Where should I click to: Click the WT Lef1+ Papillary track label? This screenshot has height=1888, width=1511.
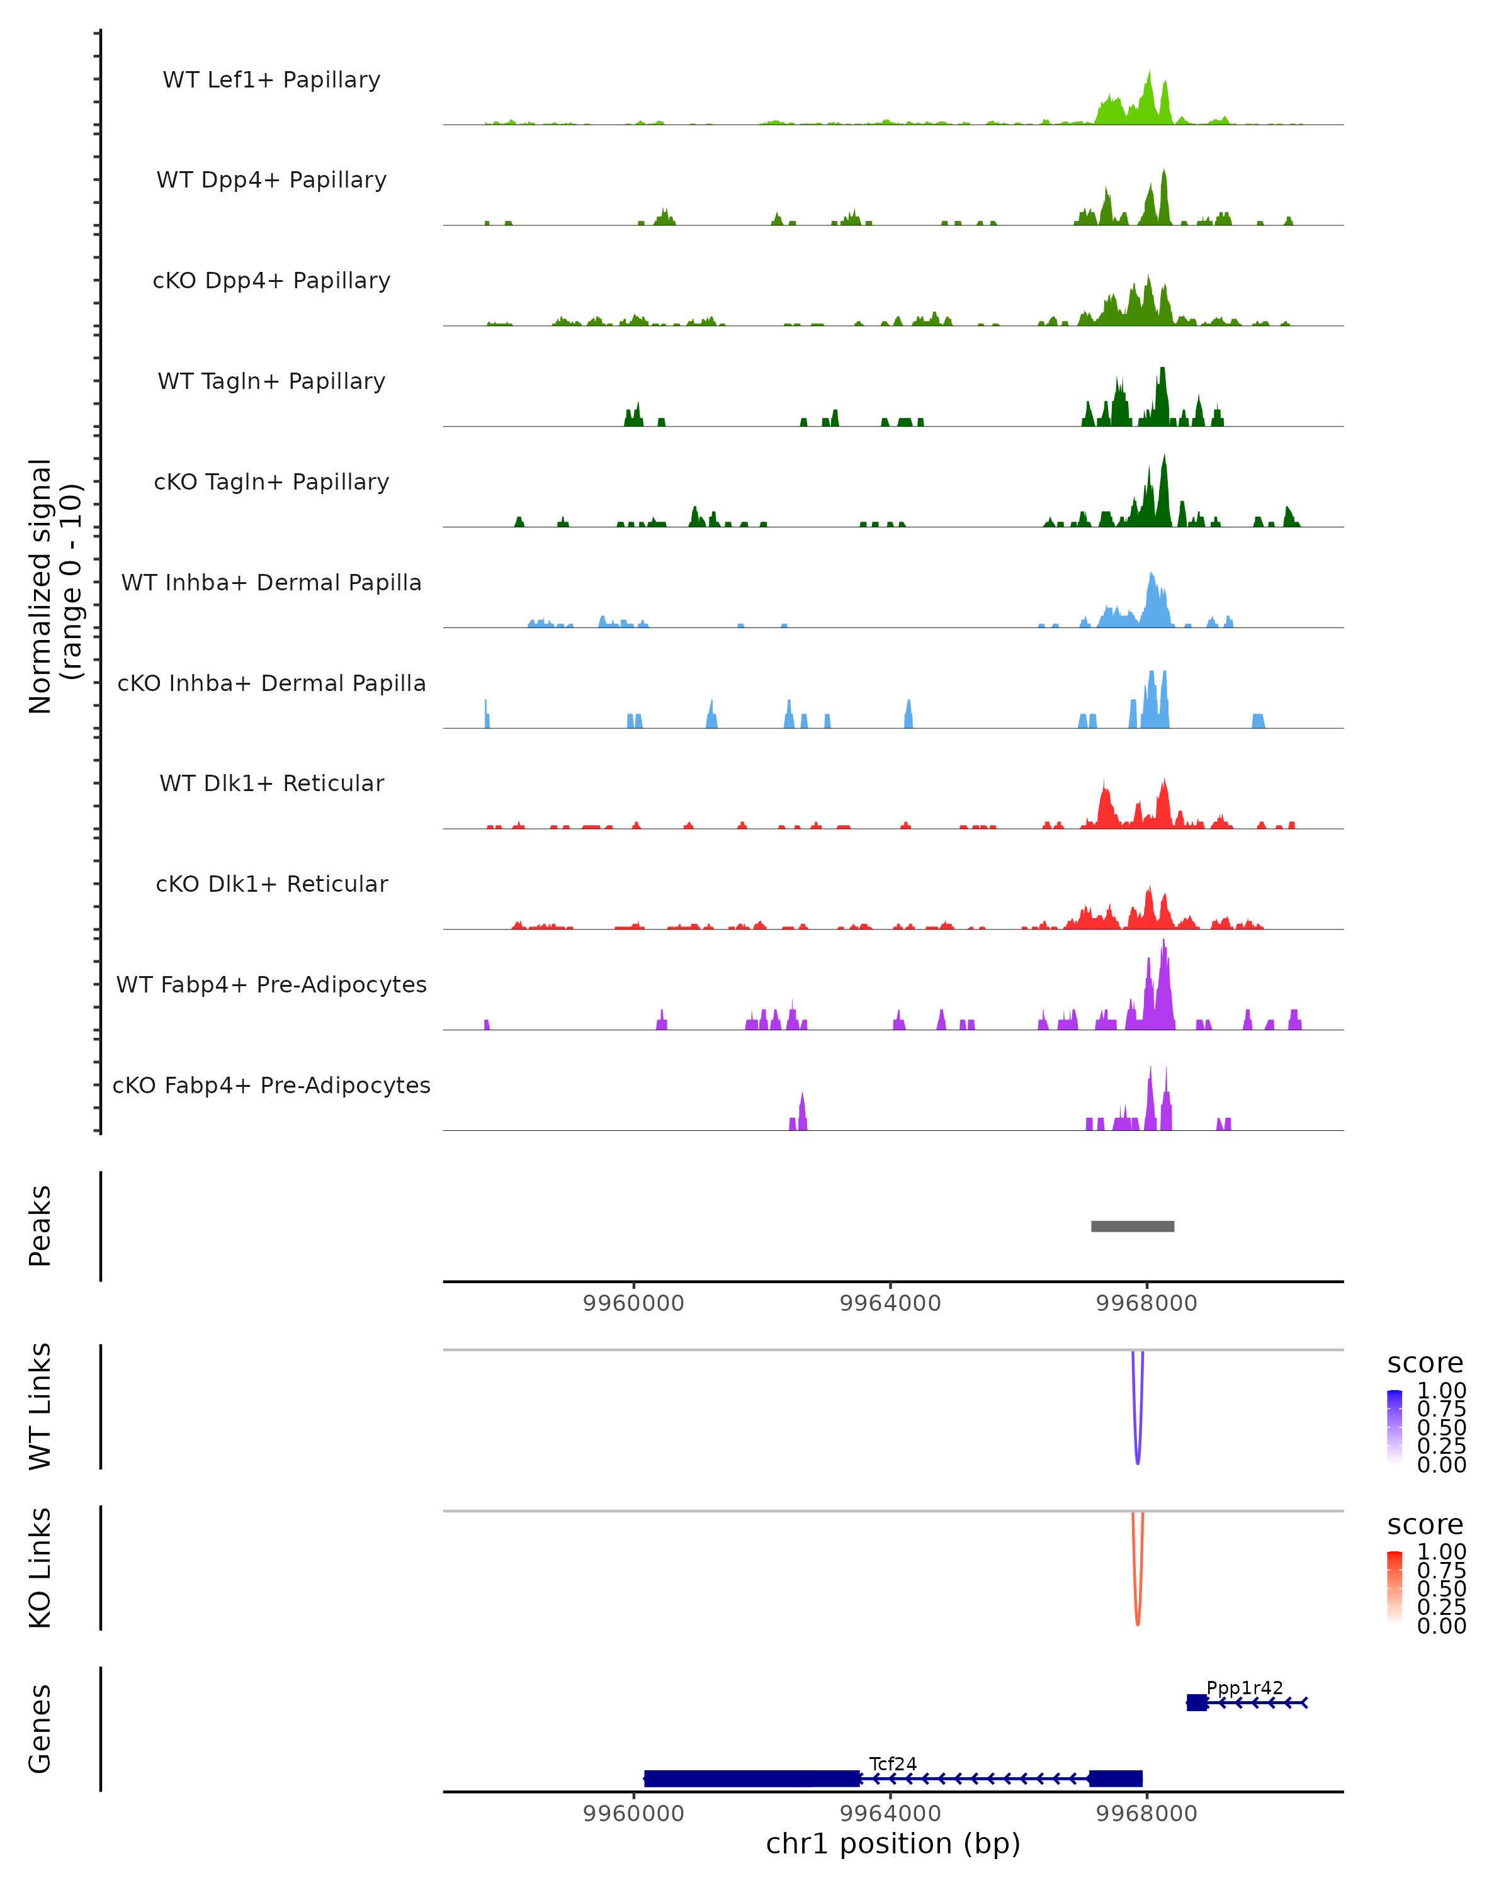pyautogui.click(x=271, y=80)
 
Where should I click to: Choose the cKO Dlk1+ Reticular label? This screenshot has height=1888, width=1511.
pyautogui.click(x=271, y=884)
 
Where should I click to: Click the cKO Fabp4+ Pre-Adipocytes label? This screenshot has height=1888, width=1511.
pyautogui.click(x=271, y=1085)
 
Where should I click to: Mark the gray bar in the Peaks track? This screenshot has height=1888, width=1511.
pyautogui.click(x=1132, y=1226)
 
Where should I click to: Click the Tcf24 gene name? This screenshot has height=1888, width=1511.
pyautogui.click(x=893, y=1763)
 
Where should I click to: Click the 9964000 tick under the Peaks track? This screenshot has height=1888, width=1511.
pyautogui.click(x=890, y=1303)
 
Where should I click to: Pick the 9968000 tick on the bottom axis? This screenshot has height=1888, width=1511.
pyautogui.click(x=1146, y=1814)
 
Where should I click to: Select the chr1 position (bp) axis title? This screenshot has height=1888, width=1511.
pyautogui.click(x=893, y=1844)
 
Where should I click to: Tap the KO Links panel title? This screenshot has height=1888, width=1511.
pyautogui.click(x=40, y=1568)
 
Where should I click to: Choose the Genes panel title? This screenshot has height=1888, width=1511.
pyautogui.click(x=40, y=1729)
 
